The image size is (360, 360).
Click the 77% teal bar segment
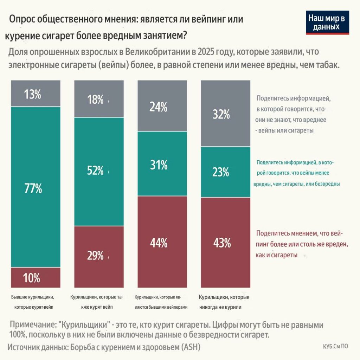pyautogui.click(x=36, y=187)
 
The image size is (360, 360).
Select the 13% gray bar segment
pyautogui.click(x=36, y=94)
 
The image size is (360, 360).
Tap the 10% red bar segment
pyautogui.click(x=36, y=278)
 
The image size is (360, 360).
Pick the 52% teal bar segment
pyautogui.click(x=99, y=172)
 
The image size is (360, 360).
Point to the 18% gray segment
pyautogui.click(x=99, y=99)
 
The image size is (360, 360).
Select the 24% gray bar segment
pyautogui.click(x=162, y=106)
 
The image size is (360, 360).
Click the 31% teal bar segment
pyautogui.click(x=162, y=164)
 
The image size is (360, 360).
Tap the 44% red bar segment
pyautogui.click(x=162, y=242)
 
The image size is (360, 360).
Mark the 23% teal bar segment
pyautogui.click(x=225, y=172)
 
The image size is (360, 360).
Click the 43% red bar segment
pyautogui.click(x=225, y=243)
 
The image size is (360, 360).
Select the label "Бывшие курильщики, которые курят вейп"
pyautogui.click(x=35, y=302)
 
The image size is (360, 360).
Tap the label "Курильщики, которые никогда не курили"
pyautogui.click(x=225, y=302)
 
